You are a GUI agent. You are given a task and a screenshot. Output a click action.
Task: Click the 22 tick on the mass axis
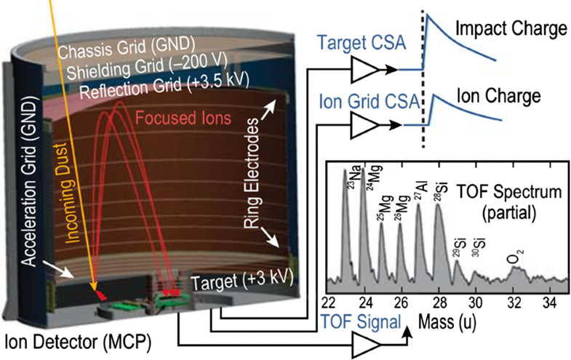(328, 303)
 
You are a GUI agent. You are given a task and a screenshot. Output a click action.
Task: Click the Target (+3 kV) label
(243, 281)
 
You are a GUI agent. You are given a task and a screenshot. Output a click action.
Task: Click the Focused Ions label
(195, 118)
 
